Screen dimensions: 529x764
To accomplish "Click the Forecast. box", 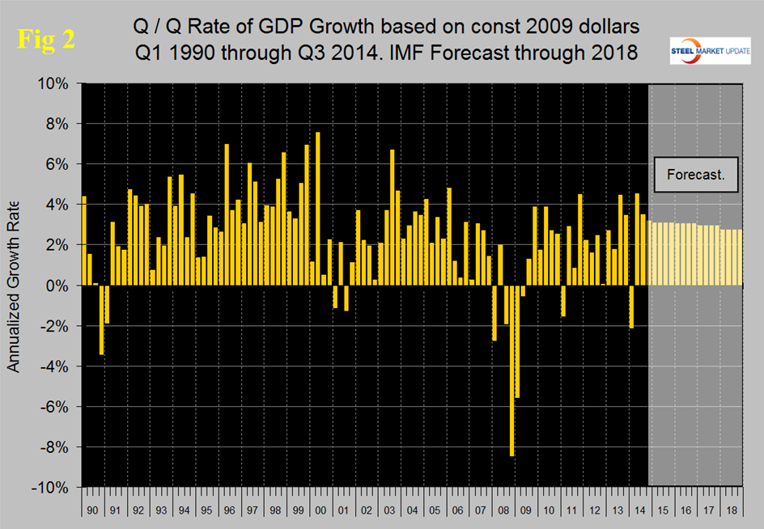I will tap(695, 175).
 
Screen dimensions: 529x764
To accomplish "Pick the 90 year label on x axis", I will tap(93, 512).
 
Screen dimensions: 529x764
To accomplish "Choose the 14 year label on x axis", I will tap(639, 512).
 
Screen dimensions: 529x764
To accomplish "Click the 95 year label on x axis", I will tap(206, 512).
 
